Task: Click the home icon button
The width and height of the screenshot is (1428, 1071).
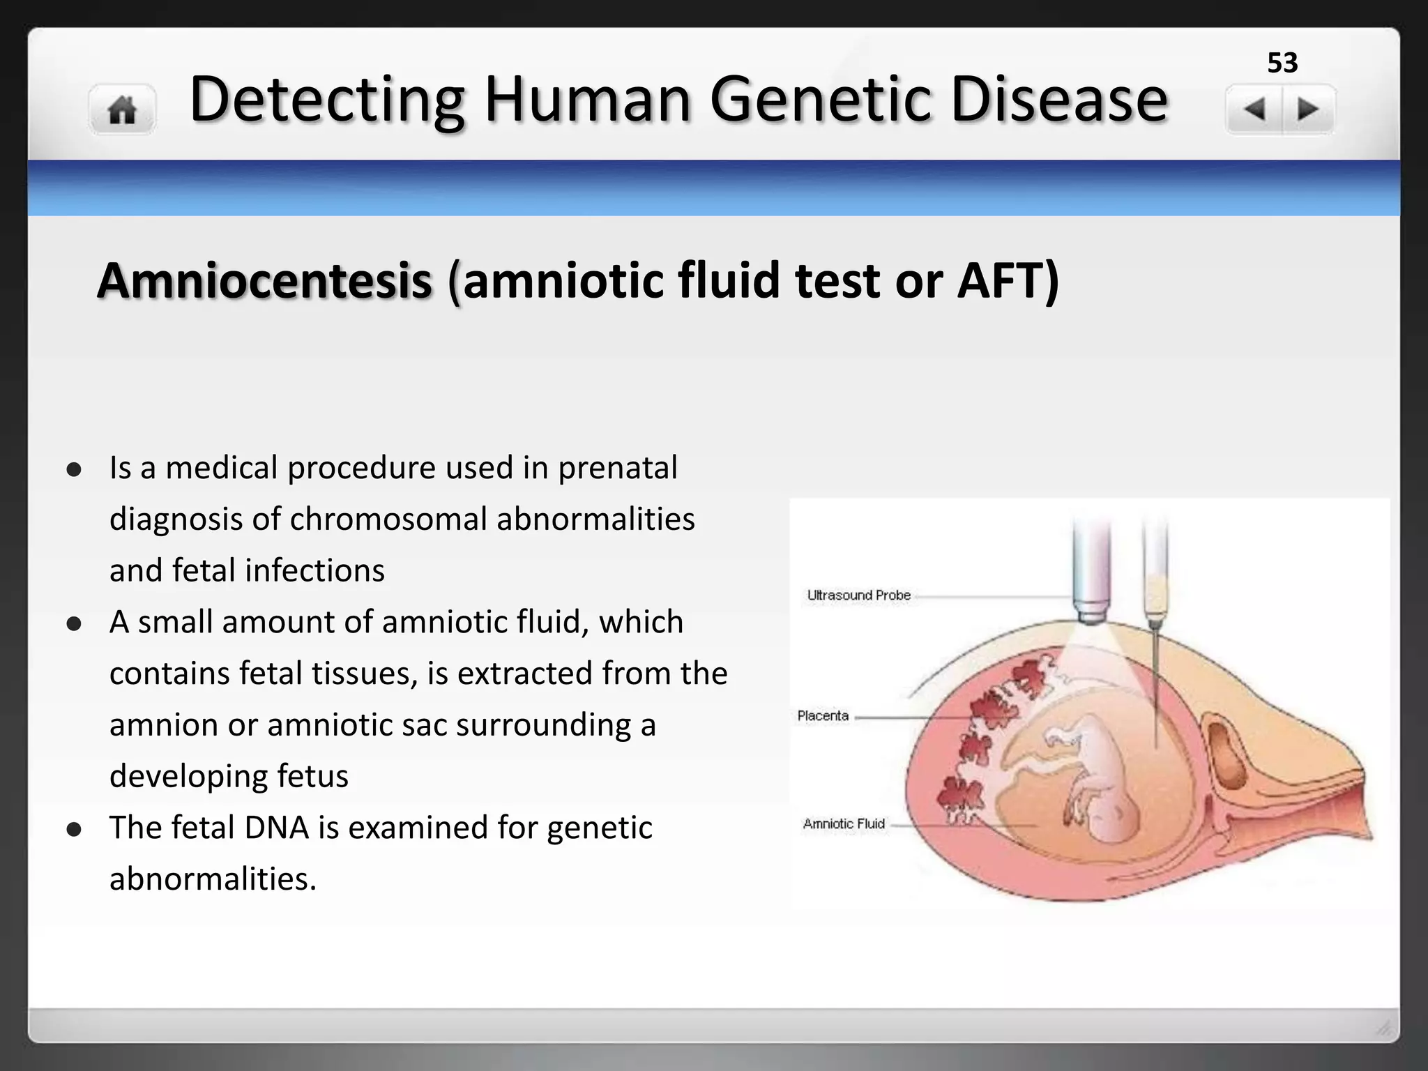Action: click(122, 109)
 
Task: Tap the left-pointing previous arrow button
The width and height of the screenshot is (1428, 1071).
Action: click(1254, 109)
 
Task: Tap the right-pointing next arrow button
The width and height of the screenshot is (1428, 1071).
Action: click(1308, 109)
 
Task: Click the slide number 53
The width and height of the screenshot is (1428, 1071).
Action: click(1282, 63)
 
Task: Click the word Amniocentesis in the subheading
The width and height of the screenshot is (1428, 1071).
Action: click(265, 280)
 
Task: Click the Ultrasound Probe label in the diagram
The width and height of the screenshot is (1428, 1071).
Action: click(858, 595)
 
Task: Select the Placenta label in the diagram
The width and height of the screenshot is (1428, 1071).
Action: click(823, 716)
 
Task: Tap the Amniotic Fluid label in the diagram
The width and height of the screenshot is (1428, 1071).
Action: click(844, 824)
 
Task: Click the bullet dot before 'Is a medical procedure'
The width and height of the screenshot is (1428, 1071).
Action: click(75, 470)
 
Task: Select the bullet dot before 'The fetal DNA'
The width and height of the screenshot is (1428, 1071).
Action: click(75, 830)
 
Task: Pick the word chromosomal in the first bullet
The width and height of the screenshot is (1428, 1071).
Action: click(388, 519)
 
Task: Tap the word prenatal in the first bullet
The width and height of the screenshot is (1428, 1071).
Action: click(617, 468)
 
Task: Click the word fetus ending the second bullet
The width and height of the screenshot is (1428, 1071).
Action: click(312, 776)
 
